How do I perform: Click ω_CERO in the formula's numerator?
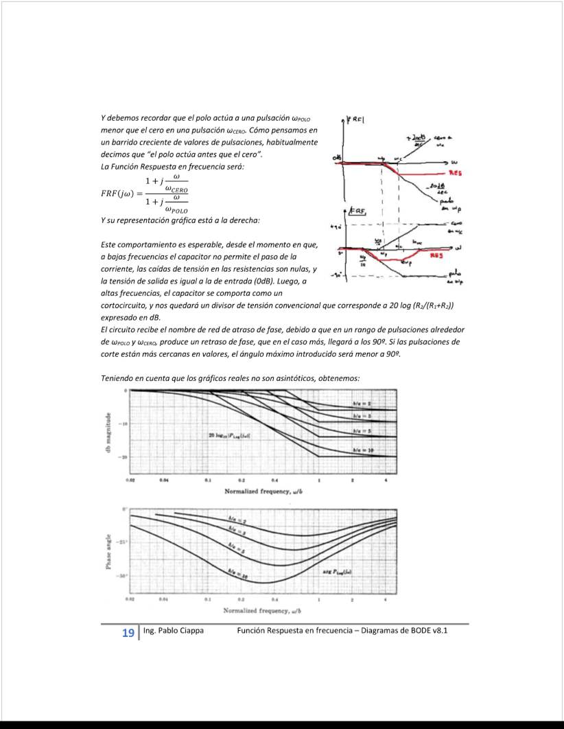pos(174,189)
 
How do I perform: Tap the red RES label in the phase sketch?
pos(436,253)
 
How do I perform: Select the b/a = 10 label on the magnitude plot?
pos(362,450)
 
